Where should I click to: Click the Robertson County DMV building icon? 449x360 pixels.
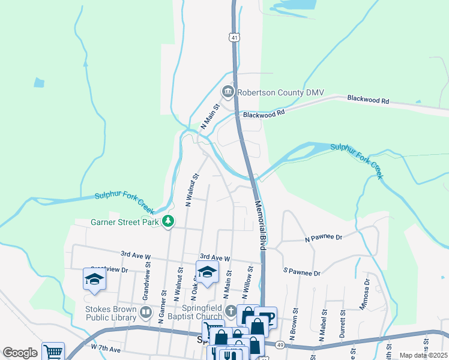pos(228,92)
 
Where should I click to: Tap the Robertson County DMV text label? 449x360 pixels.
pos(280,92)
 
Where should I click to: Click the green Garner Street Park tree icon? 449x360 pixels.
pos(169,221)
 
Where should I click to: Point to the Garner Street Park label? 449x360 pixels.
pos(124,221)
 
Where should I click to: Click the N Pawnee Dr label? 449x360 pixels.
pos(323,238)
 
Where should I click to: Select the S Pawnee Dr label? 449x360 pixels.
pos(302,272)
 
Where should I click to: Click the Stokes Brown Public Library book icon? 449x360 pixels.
pos(146,312)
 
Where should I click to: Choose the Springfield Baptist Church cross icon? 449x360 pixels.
pos(232,311)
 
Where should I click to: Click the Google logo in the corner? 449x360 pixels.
pos(20,353)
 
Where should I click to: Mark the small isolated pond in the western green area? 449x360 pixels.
pos(39,83)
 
